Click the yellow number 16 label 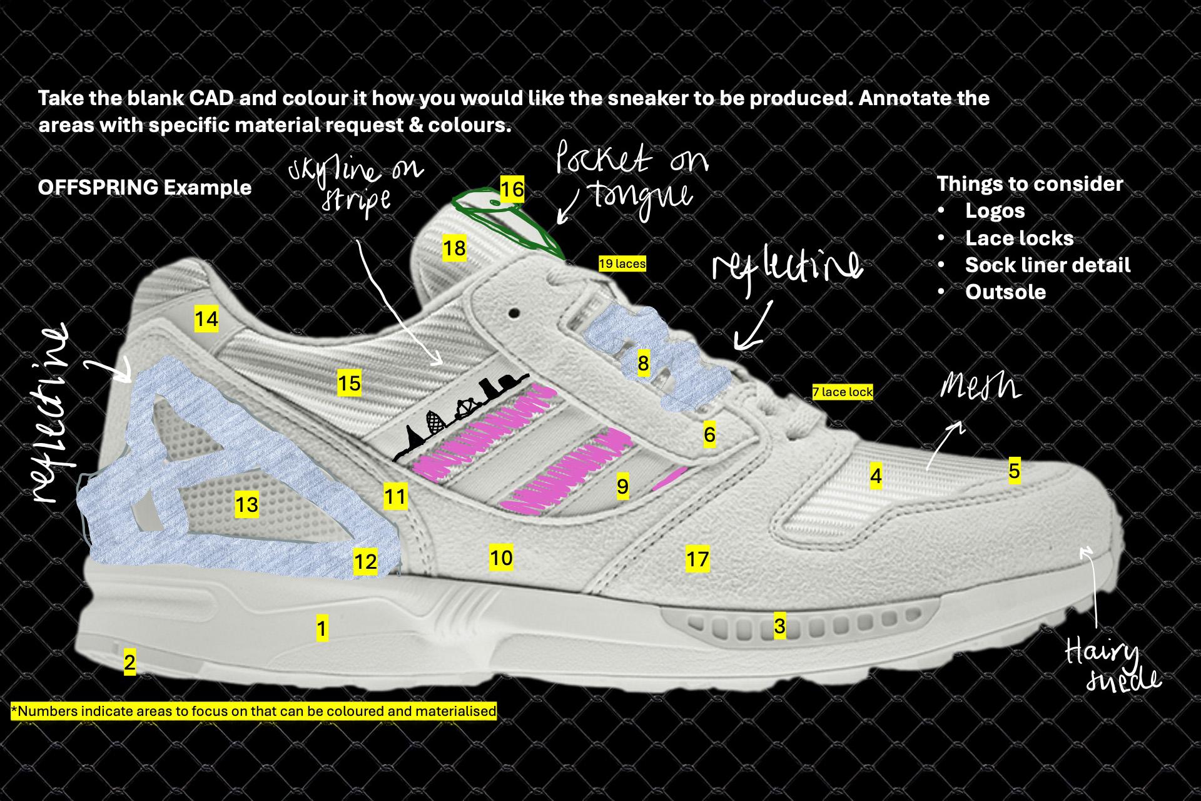tap(512, 189)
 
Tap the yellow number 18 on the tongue tap(454, 248)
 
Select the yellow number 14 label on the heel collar tap(206, 319)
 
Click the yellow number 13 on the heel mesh tap(246, 504)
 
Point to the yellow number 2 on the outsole tap(129, 662)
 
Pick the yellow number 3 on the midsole tap(779, 626)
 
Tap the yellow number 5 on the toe tap(1014, 471)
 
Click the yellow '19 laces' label tap(622, 264)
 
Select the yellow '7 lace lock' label tap(842, 392)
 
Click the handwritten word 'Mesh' tap(980, 388)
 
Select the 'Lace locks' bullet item tap(1019, 238)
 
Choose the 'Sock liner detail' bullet tap(1047, 265)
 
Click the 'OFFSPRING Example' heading tap(144, 188)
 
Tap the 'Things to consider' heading tap(1030, 184)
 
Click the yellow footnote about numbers tap(254, 712)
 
